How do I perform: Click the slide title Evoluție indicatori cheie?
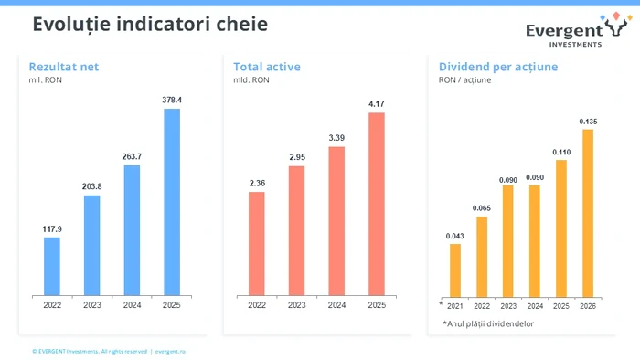[x=150, y=25]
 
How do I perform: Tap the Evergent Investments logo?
[x=576, y=29]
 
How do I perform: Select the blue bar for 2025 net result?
[x=171, y=202]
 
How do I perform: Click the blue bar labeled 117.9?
[x=52, y=266]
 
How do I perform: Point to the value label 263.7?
[x=132, y=156]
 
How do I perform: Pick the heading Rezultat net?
[x=63, y=67]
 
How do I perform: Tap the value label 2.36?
[x=257, y=183]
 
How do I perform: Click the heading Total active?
[x=266, y=67]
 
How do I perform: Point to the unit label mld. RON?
[x=251, y=80]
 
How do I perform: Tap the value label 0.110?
[x=561, y=152]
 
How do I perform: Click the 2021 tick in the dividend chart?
[x=455, y=305]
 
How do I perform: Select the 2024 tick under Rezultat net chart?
[x=132, y=305]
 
